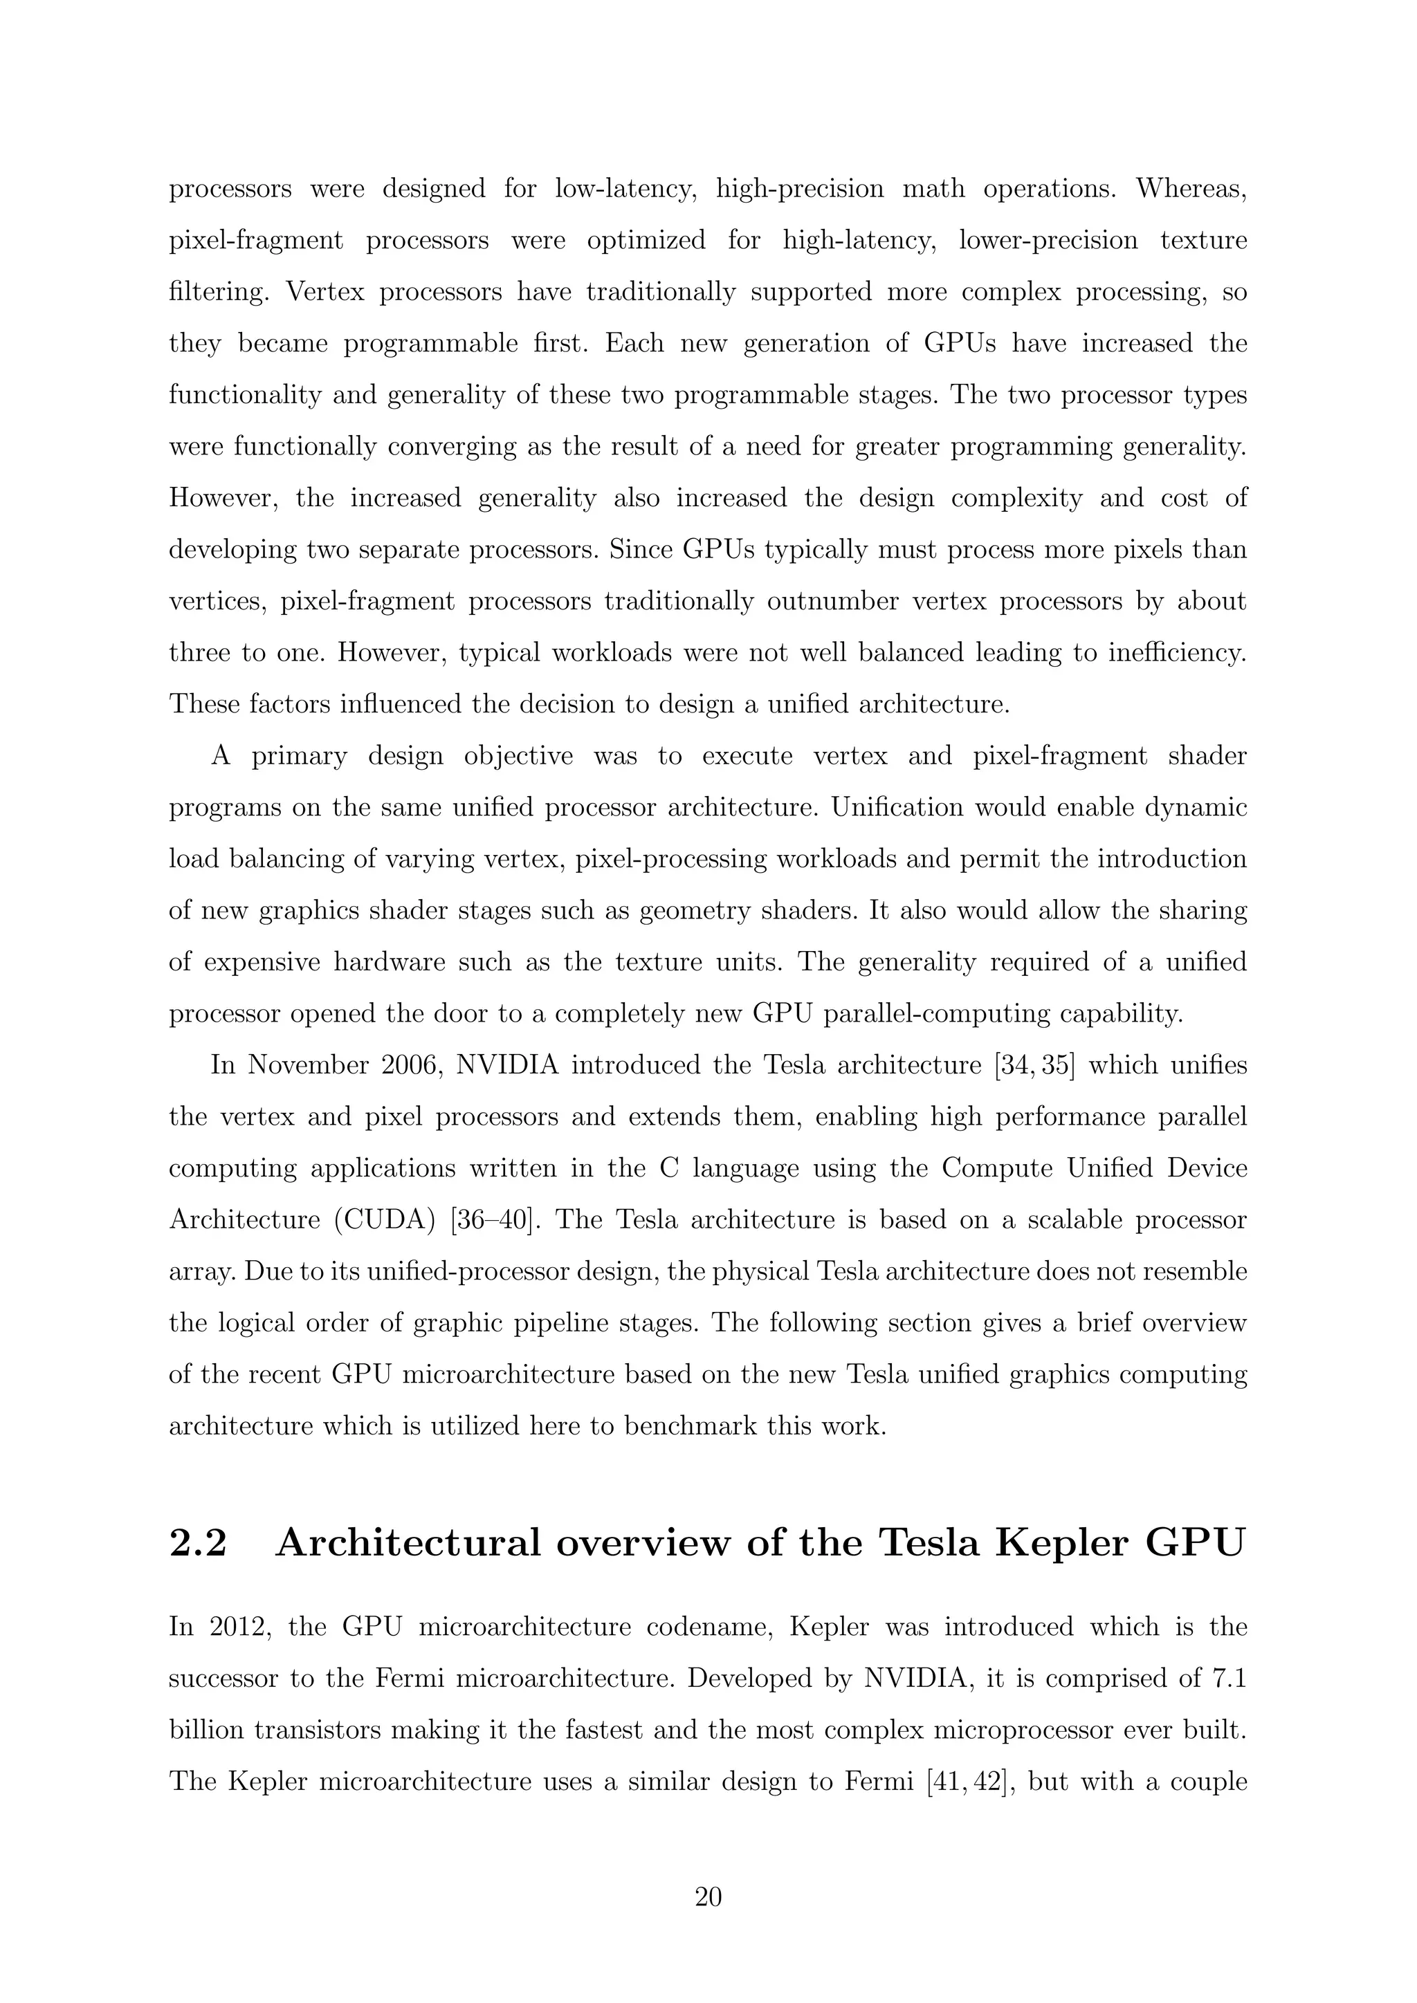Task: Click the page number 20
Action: [x=708, y=1896]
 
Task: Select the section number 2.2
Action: [x=198, y=1543]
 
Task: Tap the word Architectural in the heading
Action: [x=408, y=1543]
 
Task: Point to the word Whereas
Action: [x=1191, y=188]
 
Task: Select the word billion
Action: [x=206, y=1730]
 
